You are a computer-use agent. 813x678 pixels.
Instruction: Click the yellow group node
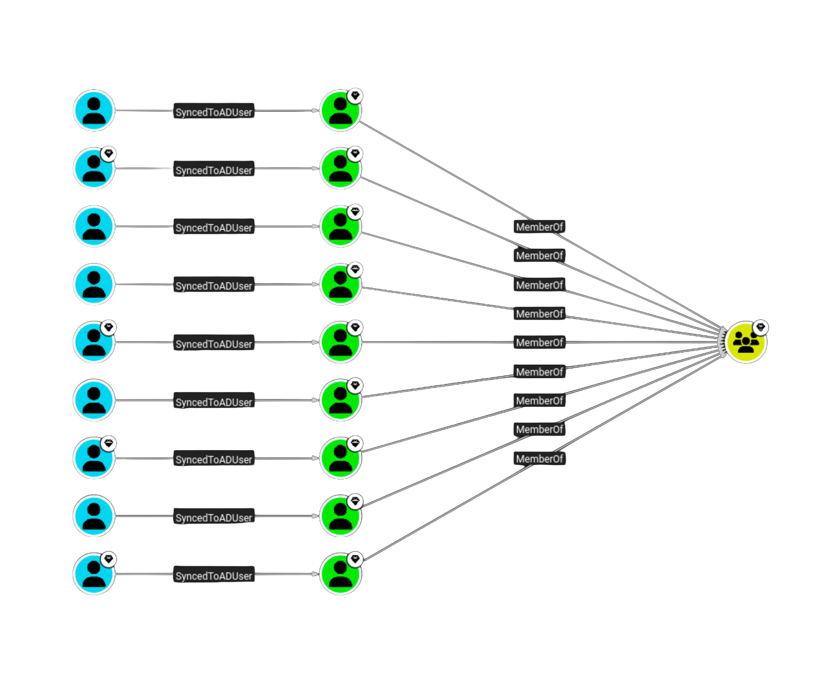click(x=745, y=342)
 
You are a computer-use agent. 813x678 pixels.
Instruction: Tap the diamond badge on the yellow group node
click(x=761, y=327)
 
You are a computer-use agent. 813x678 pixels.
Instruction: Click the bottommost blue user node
click(x=94, y=574)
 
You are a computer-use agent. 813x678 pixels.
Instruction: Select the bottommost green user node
click(x=340, y=574)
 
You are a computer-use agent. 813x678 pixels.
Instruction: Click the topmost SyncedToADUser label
click(x=213, y=112)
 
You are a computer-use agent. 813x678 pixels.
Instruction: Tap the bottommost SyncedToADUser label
click(x=213, y=576)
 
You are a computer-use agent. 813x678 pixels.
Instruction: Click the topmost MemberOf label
click(x=539, y=227)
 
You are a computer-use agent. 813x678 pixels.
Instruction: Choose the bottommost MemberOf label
click(x=539, y=459)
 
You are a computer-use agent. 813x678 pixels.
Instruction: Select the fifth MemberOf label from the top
click(x=539, y=342)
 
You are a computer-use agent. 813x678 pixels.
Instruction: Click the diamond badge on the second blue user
click(x=109, y=154)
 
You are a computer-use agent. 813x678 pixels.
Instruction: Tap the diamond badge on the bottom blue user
click(x=109, y=559)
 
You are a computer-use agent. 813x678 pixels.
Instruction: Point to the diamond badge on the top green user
click(x=355, y=96)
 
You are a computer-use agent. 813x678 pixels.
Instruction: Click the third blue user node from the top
click(x=94, y=227)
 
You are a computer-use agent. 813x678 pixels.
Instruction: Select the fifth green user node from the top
click(x=340, y=342)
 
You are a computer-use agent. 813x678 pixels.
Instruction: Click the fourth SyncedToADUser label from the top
click(x=213, y=286)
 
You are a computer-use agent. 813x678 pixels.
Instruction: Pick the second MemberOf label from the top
click(x=539, y=256)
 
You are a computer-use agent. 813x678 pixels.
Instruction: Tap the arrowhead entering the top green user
click(x=315, y=111)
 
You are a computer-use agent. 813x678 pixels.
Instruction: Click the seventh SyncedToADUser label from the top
click(x=213, y=460)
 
